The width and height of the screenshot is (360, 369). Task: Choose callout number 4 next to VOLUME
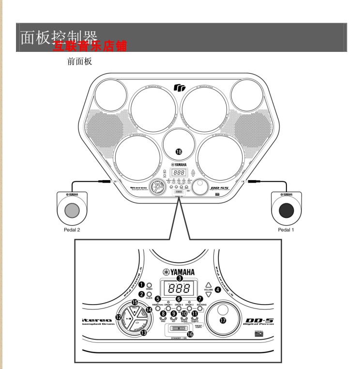[x=217, y=290]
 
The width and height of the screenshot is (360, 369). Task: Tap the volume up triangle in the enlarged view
[x=208, y=285]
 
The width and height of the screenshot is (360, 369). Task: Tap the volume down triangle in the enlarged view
[x=208, y=294]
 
